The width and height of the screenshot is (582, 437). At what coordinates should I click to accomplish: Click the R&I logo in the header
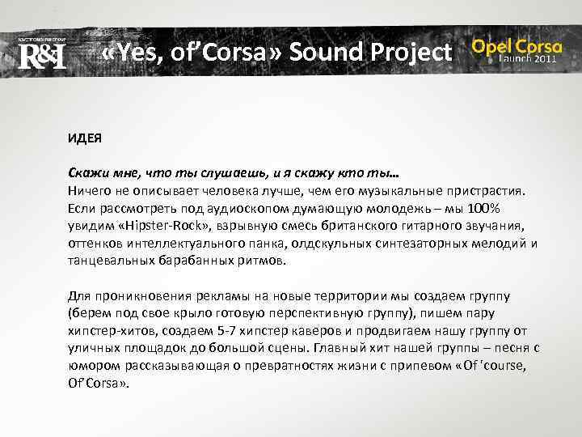(x=40, y=55)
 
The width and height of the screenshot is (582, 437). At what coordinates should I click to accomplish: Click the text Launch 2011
(x=527, y=60)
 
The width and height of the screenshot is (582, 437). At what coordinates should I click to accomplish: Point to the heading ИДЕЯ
(x=84, y=139)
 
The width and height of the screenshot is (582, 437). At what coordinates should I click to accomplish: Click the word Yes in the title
(x=138, y=53)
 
